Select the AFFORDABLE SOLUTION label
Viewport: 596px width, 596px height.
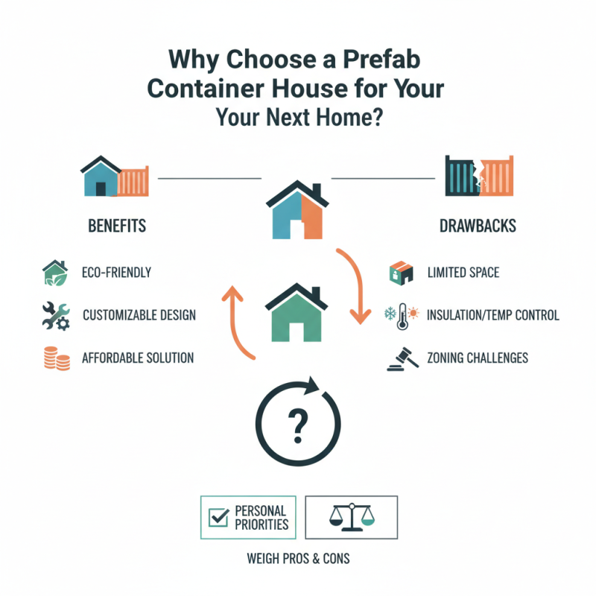click(138, 358)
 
